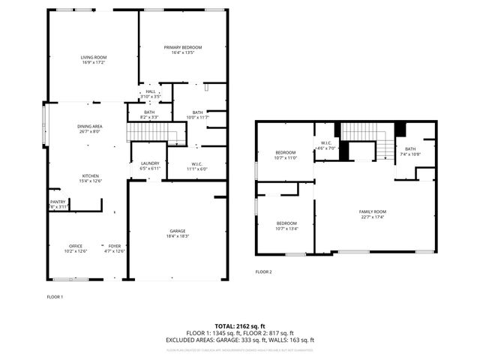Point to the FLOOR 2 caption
(263, 271)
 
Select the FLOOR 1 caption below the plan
(55, 297)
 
